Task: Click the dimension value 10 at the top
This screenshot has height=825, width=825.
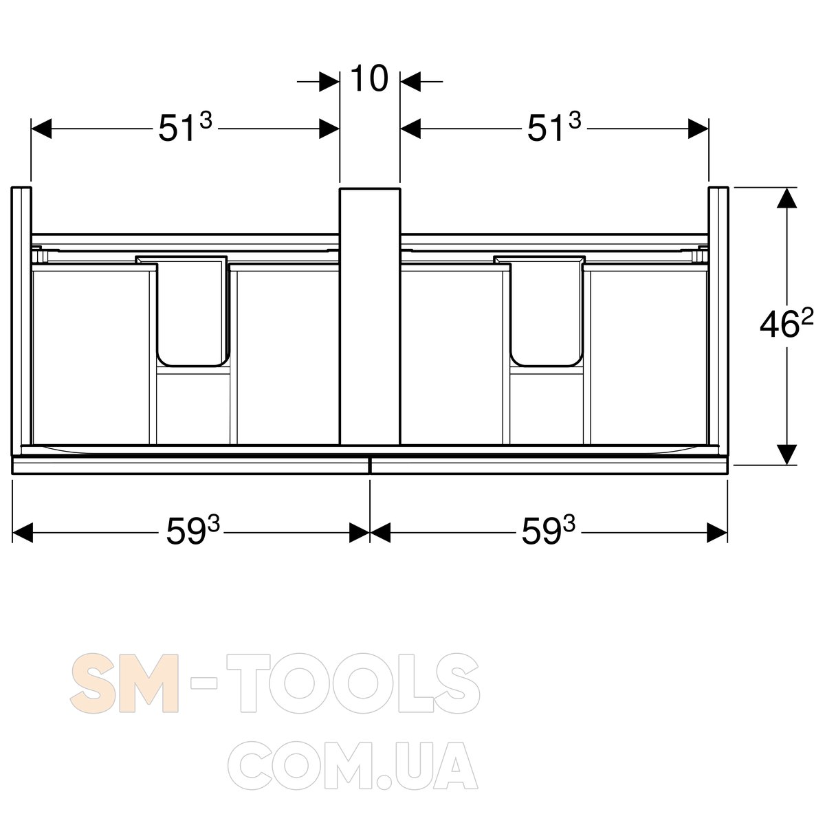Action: point(369,78)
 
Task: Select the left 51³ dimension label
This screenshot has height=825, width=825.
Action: point(186,127)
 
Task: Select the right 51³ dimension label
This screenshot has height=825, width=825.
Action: point(554,127)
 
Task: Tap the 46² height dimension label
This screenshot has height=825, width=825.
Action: point(786,325)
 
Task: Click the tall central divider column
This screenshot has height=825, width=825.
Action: point(370,316)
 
